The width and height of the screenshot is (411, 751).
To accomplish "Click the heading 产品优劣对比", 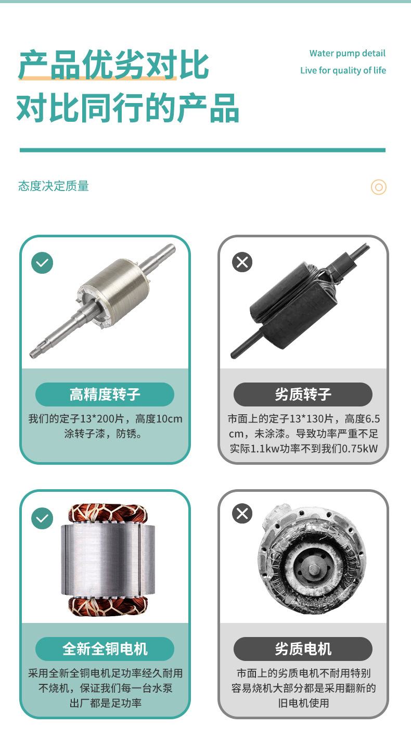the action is coord(113,65).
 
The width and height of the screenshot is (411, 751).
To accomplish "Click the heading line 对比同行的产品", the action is coord(128,108).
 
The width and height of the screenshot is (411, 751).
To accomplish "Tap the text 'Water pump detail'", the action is coord(348,53).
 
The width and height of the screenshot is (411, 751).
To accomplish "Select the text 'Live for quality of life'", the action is coord(343,70).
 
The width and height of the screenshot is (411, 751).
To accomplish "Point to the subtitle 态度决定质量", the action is coord(54,186).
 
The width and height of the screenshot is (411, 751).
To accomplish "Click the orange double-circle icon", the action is coord(378,187).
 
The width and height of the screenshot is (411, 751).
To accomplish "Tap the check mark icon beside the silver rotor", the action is coord(42,262).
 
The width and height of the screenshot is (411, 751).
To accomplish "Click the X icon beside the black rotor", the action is coord(242,262).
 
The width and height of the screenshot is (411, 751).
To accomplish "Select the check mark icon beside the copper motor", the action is coord(42,518).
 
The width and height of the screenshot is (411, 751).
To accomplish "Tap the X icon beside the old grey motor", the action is coord(242,513).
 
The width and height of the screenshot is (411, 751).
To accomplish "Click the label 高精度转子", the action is coord(105,394).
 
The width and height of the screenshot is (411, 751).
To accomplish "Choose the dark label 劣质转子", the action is coord(303,394).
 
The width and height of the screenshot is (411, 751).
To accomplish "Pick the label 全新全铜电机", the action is coord(105,649).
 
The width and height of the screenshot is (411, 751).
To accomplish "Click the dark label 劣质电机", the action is coord(303,649).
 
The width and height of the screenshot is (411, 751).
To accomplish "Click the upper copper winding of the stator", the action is coord(108,513).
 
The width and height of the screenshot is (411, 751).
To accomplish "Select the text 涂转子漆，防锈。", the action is coord(104,434).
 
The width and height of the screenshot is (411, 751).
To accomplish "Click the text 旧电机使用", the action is coord(303,703).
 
